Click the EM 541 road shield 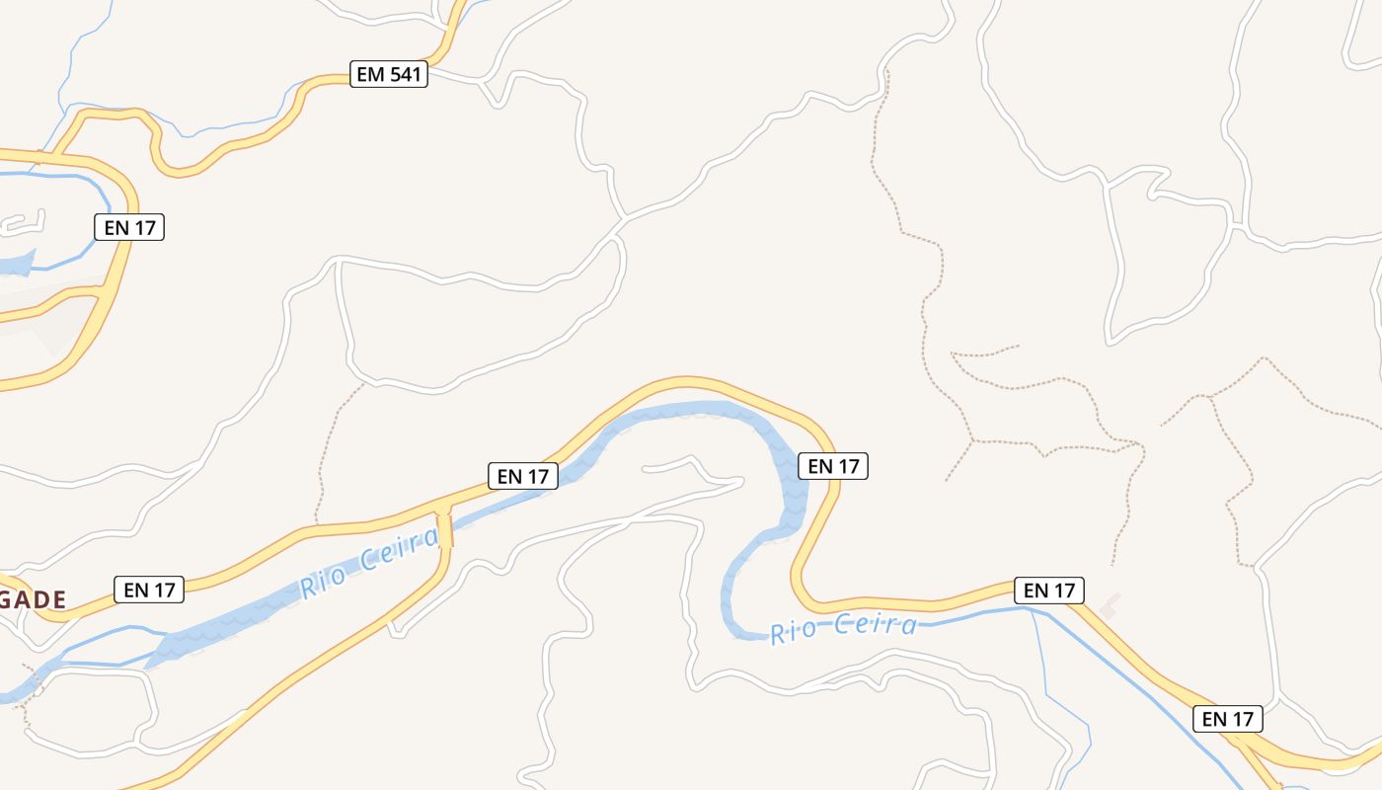pos(389,74)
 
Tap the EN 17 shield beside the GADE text pos(149,590)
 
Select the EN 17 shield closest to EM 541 pos(129,227)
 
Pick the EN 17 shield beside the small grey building pos(1049,591)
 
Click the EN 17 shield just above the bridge pos(523,476)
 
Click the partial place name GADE pos(33,599)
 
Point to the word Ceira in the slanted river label pos(400,549)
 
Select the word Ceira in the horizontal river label pos(875,625)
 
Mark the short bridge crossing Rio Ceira pos(445,529)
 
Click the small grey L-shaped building pos(1111,605)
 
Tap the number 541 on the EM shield pos(405,74)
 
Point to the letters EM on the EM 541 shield pos(369,74)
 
